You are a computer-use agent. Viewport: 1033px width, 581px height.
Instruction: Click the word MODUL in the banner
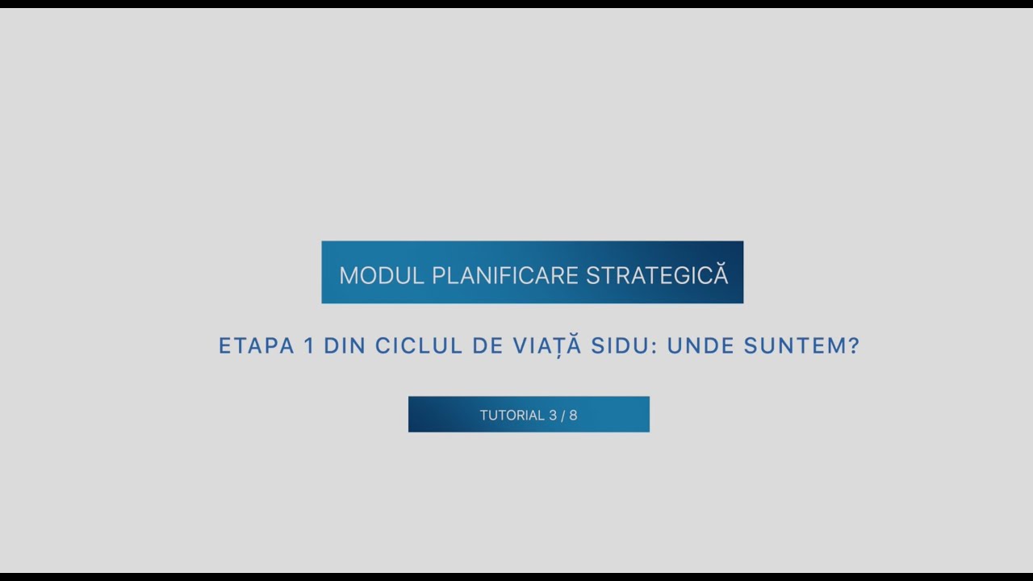pos(382,275)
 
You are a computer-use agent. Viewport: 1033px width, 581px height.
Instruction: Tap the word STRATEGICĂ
pos(656,275)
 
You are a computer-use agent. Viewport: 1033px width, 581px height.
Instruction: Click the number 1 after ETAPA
pos(308,346)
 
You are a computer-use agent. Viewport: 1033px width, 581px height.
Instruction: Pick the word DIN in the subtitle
pos(344,346)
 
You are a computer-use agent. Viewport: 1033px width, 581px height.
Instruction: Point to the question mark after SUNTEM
pos(854,346)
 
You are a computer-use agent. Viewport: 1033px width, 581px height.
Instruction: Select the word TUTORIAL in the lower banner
pos(512,416)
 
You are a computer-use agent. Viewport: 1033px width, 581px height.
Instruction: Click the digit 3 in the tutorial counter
pos(553,416)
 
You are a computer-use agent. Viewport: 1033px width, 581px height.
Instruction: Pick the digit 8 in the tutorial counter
pos(573,416)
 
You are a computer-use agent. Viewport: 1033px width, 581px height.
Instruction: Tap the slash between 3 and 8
pos(563,416)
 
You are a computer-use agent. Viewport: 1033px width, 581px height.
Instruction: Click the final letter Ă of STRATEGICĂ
pos(720,274)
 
